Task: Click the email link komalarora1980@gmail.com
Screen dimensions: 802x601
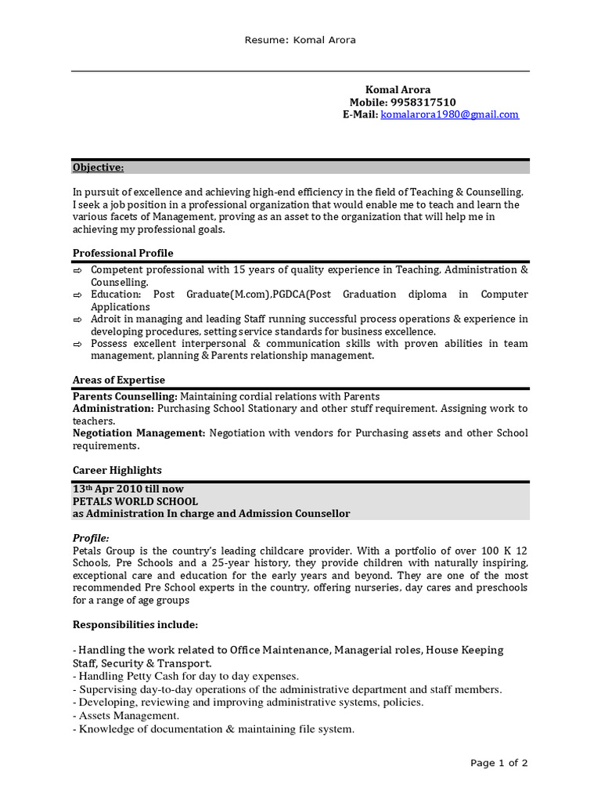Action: [x=449, y=114]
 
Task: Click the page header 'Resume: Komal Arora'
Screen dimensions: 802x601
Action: [x=300, y=40]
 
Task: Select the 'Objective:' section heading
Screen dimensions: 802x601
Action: [x=98, y=168]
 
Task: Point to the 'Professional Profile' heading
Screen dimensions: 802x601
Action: [x=123, y=253]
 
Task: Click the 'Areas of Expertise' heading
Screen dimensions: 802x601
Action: [x=119, y=380]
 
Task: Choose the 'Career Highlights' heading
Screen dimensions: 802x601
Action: [x=117, y=470]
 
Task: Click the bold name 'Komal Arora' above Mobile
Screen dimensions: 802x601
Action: [x=398, y=90]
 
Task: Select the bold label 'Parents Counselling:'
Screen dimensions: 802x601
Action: [x=125, y=396]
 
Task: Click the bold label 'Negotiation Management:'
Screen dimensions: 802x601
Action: [x=139, y=433]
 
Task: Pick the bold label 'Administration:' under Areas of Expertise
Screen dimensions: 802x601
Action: [x=113, y=409]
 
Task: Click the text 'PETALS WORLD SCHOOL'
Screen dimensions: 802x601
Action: [x=135, y=501]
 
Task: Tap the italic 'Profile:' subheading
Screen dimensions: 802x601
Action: [x=91, y=538]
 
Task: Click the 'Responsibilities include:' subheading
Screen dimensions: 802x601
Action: [x=135, y=624]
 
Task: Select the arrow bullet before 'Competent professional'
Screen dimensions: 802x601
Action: [x=77, y=270]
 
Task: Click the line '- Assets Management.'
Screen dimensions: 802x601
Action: [x=126, y=716]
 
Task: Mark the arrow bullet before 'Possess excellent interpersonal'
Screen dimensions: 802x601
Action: [x=77, y=345]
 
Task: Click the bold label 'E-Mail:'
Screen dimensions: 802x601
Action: [x=360, y=114]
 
